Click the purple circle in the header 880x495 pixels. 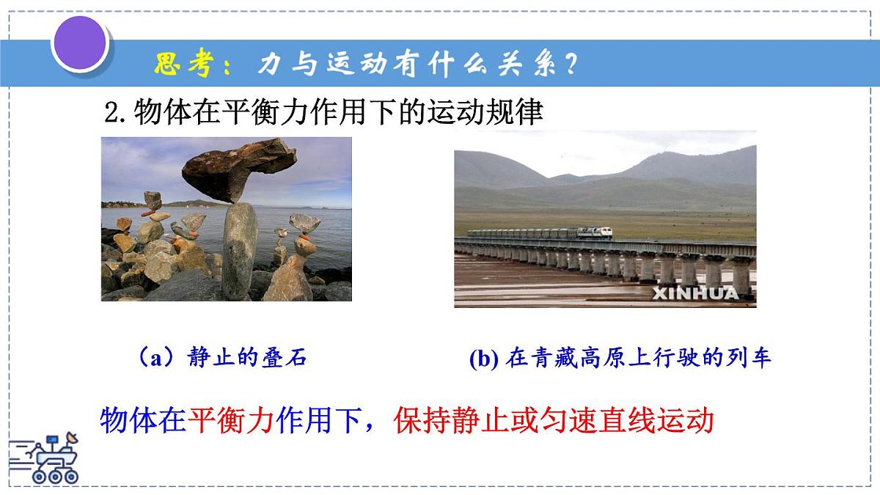tap(79, 42)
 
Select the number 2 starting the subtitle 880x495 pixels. tap(113, 114)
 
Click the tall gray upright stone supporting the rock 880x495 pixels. tap(240, 249)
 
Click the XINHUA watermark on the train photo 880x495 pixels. tap(703, 293)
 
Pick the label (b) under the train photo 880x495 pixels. tap(483, 359)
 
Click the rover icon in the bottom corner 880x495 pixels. tap(48, 458)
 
